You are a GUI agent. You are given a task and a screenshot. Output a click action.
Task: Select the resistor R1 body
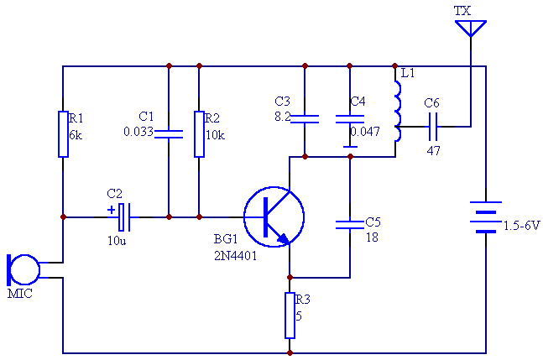[63, 133]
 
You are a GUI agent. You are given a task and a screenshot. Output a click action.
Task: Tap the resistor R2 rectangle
[199, 133]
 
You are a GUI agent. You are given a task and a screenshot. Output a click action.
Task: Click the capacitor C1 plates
[169, 133]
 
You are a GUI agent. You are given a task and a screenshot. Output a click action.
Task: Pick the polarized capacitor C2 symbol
[124, 217]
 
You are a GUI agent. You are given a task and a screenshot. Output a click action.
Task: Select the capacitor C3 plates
[305, 118]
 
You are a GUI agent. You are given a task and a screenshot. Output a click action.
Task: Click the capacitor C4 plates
[350, 118]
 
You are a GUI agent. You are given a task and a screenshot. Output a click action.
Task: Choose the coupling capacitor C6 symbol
[433, 127]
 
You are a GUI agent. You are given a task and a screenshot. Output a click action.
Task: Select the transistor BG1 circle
[274, 217]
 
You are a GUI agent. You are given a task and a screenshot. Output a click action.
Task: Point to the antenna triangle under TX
[471, 29]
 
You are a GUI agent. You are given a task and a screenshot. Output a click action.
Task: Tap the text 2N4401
[235, 257]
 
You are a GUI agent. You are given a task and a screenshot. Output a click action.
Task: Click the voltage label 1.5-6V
[521, 226]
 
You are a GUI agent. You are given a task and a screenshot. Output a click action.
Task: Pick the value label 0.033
[138, 132]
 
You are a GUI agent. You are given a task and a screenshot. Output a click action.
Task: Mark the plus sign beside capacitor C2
[111, 210]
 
